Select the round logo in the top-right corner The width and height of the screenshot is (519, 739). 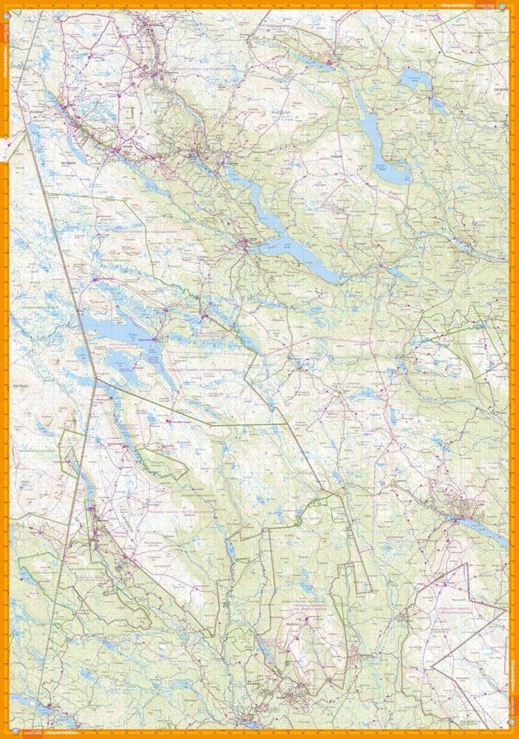pos(513,5)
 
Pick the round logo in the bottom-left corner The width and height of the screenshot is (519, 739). pos(5,733)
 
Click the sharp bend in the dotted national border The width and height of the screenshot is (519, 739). pos(95,380)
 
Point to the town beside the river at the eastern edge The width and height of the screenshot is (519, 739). pos(466,510)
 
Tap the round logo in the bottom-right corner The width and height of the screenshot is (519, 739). pos(513,733)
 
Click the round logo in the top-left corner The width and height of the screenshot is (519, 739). pos(5,5)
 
